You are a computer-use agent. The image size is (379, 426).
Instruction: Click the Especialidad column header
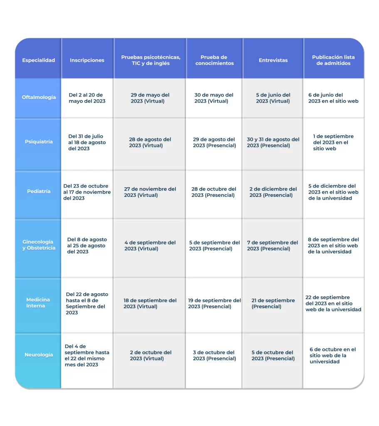coord(39,60)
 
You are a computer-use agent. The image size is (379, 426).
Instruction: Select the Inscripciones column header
coord(87,60)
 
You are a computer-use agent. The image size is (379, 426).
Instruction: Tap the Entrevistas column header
coord(273,60)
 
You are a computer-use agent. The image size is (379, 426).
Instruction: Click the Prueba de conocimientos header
coord(214,60)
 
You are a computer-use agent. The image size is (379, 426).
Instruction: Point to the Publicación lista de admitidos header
coord(333,60)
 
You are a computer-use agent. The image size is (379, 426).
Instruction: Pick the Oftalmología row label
coord(39,97)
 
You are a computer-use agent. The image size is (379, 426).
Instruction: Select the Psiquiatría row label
coord(39,141)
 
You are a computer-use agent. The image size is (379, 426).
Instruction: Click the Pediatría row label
coord(39,191)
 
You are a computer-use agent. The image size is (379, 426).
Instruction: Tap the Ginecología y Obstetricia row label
coord(39,245)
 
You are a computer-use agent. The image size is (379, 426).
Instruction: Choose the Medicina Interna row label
coord(38,303)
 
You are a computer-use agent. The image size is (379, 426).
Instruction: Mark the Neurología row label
coord(39,355)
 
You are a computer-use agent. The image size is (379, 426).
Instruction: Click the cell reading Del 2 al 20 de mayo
coord(87,98)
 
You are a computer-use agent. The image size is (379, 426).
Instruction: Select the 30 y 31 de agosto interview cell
coord(273,142)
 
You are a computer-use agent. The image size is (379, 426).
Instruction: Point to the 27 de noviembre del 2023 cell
coord(150,192)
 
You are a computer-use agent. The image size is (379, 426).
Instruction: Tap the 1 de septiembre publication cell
coord(333,142)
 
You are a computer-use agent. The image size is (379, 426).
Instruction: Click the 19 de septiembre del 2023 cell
coord(214,303)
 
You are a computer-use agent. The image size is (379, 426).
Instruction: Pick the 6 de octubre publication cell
coord(332,355)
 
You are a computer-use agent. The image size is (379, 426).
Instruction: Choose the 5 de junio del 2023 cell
coord(273,98)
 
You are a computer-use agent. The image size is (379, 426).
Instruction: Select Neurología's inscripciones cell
coord(87,355)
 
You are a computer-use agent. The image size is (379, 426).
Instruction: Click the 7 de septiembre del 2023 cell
coord(272,245)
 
